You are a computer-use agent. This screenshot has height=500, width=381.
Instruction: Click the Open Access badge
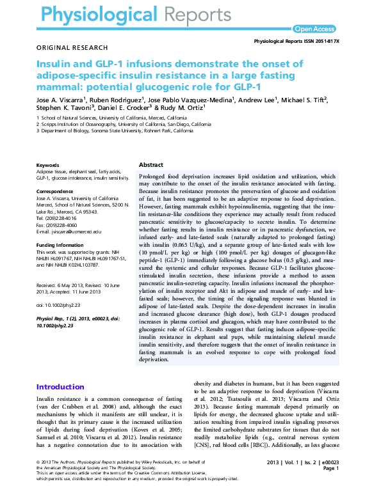314,29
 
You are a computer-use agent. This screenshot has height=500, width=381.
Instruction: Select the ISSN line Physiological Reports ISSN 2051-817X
296,40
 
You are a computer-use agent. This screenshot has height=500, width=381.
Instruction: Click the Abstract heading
151,165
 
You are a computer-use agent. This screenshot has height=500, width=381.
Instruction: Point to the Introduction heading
60,387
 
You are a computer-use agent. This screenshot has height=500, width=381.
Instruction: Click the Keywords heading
49,166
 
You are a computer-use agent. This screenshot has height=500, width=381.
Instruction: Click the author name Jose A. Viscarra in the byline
62,100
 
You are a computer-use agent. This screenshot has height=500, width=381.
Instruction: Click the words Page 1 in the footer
331,468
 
